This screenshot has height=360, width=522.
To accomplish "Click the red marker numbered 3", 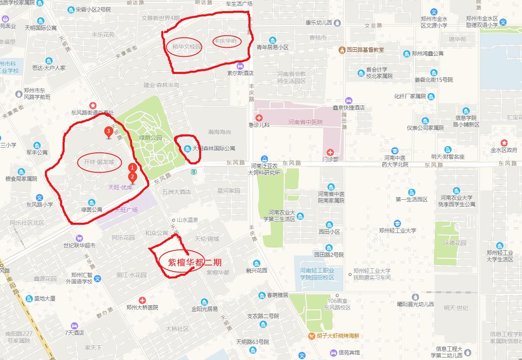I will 108,132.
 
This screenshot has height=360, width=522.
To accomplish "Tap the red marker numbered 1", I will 132,168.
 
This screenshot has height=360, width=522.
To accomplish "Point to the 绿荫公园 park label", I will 151,138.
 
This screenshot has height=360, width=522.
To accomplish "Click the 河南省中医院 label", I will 305,122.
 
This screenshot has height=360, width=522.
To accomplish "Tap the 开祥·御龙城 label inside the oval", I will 99,162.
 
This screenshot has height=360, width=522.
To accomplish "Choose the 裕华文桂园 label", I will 187,47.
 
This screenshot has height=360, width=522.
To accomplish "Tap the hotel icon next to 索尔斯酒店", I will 240,66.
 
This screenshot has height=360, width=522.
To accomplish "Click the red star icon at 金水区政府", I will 504,143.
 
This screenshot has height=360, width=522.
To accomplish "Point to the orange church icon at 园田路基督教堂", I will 341,50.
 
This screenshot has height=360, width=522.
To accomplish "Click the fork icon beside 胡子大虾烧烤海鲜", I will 312,336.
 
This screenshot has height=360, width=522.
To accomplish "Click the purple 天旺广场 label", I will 126,210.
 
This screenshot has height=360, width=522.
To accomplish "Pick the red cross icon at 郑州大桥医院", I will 142,300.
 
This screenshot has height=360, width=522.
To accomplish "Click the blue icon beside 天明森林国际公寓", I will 188,148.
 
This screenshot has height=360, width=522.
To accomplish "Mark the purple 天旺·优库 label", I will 120,187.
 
